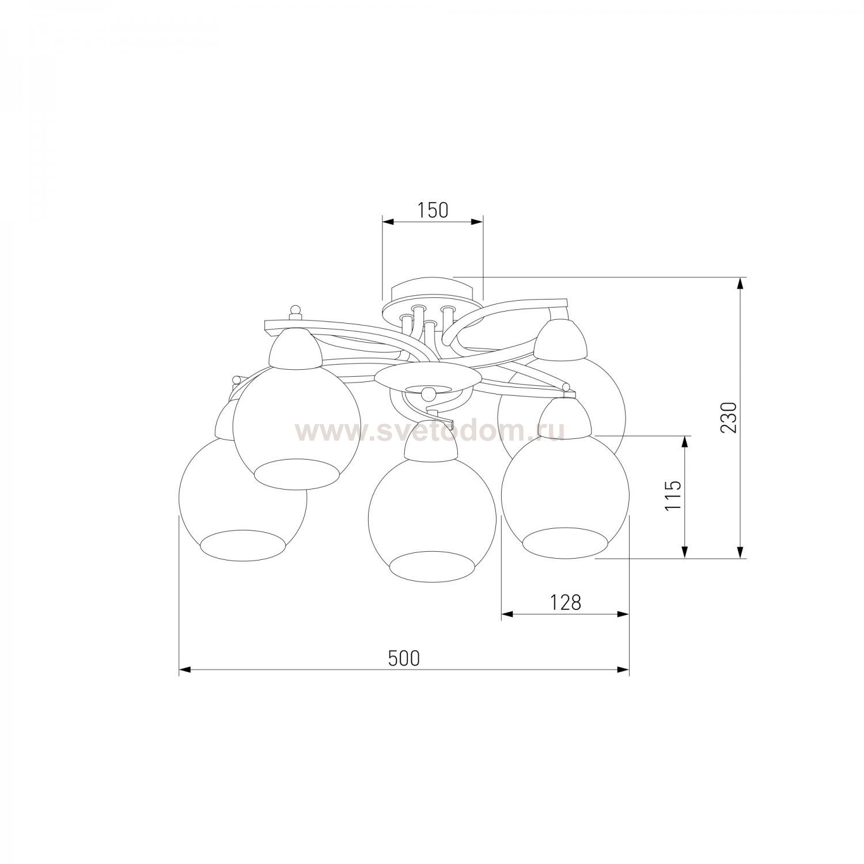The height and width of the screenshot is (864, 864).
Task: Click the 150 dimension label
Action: pyautogui.click(x=433, y=210)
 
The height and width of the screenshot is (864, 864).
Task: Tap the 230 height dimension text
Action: pyautogui.click(x=729, y=417)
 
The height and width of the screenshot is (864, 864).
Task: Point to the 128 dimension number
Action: pyautogui.click(x=564, y=602)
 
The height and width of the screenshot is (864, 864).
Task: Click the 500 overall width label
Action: pyautogui.click(x=403, y=658)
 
